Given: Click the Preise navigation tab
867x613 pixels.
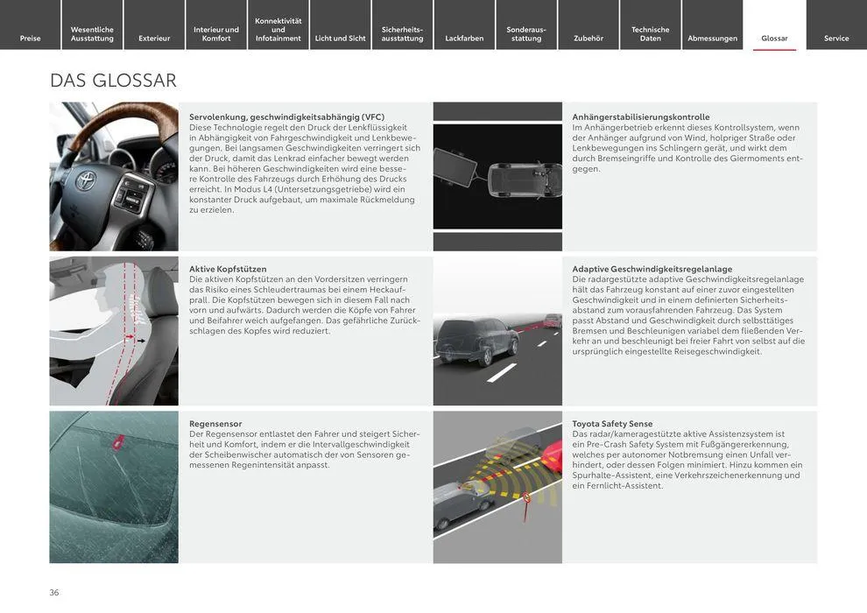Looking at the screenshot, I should click(31, 39).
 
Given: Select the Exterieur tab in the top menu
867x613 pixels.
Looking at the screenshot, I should click(154, 39).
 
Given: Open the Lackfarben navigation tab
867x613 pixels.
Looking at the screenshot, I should click(464, 39).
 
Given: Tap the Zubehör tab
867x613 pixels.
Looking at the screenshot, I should click(589, 39).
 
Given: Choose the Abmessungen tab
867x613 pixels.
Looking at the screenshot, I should click(712, 39).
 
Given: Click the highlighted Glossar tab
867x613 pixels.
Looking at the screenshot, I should click(774, 39).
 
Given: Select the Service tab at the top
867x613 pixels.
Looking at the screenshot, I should click(836, 39).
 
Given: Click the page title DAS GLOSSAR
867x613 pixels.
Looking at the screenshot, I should click(113, 81).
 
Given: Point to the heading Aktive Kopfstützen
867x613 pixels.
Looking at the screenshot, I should click(228, 269).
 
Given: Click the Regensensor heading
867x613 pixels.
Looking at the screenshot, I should click(215, 424).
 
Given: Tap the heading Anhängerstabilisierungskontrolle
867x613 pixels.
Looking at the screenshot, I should click(641, 116).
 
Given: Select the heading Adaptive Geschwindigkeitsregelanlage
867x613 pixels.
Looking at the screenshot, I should click(652, 269).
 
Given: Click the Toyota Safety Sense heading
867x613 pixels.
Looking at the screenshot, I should click(612, 424).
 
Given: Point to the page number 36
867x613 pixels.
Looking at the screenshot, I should click(54, 593).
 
